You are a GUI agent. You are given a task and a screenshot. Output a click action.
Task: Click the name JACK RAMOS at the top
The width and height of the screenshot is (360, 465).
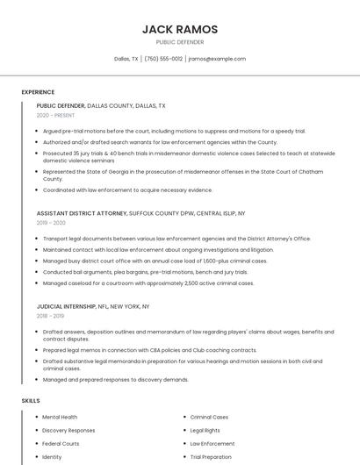click(180, 30)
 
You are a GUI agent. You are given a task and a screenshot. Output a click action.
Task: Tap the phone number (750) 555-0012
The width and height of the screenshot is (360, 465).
click(163, 59)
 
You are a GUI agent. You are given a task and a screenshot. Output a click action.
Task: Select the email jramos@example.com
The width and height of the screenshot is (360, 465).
click(217, 59)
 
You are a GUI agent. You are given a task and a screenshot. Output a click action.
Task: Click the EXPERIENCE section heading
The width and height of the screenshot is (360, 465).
click(38, 92)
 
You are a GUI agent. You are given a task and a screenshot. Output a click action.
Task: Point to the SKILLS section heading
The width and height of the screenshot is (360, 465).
click(31, 400)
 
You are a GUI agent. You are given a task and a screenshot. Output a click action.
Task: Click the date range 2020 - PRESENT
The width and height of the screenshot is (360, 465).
click(55, 115)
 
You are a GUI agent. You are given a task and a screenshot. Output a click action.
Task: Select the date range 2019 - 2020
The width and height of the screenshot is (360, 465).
click(51, 223)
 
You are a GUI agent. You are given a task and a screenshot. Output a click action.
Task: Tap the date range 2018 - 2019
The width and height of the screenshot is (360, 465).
click(50, 316)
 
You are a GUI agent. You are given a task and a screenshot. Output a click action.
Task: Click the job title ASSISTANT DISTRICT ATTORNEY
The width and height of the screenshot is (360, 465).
click(82, 213)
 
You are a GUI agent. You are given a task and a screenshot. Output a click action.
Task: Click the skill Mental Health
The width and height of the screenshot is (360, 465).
click(60, 417)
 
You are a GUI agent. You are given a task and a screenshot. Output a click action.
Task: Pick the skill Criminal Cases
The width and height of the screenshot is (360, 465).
click(209, 417)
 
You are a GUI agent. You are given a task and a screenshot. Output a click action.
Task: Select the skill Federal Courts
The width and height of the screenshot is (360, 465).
click(61, 443)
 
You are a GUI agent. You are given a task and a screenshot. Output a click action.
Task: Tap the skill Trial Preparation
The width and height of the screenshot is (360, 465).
click(211, 456)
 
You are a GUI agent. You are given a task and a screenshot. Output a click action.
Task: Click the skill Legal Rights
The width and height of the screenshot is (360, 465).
click(205, 430)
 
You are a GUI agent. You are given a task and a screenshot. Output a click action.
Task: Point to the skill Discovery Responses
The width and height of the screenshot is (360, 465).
click(68, 430)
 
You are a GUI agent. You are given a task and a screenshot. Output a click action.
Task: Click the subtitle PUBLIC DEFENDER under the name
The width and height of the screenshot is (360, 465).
click(180, 42)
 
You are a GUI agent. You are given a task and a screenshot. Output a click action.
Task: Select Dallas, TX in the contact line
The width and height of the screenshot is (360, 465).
click(126, 59)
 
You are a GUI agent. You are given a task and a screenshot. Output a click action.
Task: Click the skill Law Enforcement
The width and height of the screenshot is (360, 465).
click(212, 443)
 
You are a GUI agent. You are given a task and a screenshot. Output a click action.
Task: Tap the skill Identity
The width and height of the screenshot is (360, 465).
click(52, 456)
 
